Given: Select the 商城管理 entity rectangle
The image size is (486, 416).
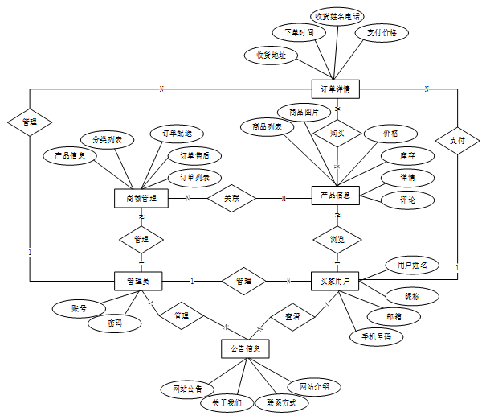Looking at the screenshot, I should click(141, 197).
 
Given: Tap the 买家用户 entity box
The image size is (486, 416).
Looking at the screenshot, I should click(334, 281).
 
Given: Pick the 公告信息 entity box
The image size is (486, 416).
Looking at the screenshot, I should click(244, 349).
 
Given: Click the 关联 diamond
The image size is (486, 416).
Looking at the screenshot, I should click(231, 197).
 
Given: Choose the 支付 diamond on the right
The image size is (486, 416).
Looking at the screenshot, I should click(457, 141).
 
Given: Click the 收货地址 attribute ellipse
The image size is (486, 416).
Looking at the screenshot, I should click(271, 56).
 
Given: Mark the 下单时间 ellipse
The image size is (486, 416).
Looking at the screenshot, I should click(299, 33).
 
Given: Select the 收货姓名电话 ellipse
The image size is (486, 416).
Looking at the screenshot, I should click(337, 15).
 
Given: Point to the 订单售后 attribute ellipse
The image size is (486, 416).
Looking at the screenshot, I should click(194, 155).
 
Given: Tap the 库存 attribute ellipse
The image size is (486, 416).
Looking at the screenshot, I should click(408, 154).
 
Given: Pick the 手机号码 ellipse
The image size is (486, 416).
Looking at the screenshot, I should click(376, 336).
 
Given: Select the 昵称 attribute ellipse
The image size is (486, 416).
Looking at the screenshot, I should click(411, 297).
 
